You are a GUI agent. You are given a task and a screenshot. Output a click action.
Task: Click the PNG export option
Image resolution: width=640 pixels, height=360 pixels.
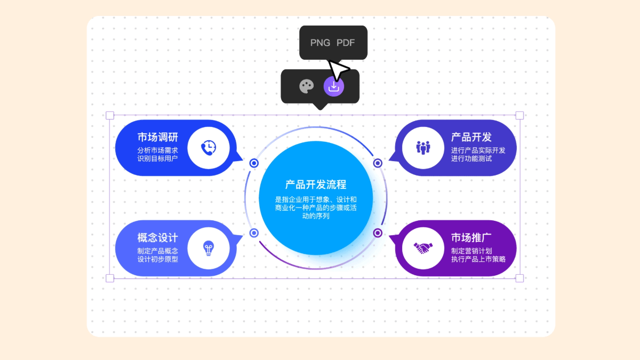coord(320,43)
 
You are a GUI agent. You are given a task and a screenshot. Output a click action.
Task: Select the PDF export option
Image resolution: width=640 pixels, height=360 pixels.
coord(346,43)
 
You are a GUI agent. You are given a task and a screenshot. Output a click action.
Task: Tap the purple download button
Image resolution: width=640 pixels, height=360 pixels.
coord(334,86)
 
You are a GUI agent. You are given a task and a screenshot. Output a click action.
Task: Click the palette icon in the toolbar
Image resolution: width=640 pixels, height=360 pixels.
coord(306,86)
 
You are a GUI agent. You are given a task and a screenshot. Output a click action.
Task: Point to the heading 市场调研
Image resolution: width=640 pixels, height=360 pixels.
coord(158,137)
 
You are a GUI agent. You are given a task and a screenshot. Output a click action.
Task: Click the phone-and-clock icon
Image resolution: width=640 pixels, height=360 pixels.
coord(209,148)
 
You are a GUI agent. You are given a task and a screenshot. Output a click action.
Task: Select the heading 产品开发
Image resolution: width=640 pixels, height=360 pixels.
coord(471,137)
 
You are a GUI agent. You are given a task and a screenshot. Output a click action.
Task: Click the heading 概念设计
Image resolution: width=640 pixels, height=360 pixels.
coord(158,237)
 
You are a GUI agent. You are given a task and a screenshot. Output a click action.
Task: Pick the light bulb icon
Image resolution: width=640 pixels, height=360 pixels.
coord(209,248)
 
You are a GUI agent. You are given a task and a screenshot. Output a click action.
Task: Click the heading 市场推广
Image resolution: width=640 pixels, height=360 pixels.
coord(471,237)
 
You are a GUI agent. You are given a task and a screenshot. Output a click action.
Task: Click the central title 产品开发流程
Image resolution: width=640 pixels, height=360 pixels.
coord(316,185)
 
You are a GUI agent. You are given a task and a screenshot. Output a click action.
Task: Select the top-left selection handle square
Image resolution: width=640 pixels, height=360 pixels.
coord(110,115)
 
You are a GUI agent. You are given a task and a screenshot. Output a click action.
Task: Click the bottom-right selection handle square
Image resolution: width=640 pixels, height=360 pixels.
coord(519,278)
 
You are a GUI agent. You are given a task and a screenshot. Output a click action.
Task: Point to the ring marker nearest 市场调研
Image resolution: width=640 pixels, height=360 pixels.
coord(254,163)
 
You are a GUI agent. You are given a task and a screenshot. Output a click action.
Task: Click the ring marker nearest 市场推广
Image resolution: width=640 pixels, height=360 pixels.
coord(378,233)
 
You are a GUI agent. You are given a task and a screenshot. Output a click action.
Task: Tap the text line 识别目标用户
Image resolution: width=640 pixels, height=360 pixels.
coord(157,158)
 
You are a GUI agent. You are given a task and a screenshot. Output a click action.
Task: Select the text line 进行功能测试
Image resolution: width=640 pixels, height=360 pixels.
coord(471,158)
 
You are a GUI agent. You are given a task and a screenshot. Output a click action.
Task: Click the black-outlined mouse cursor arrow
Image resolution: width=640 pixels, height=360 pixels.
coord(338,70)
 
